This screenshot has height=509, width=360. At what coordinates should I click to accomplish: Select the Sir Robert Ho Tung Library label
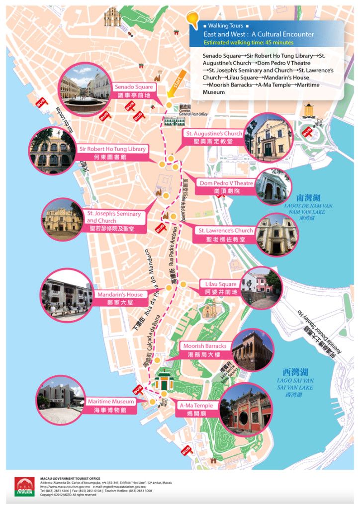tap(113, 153)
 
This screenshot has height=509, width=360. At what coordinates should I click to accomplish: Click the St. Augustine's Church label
tap(214, 137)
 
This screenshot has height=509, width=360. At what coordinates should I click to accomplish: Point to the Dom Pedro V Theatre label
tap(226, 186)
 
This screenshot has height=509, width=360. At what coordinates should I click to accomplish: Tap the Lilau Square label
tap(221, 288)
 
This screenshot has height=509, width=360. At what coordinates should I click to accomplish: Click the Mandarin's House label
tap(120, 298)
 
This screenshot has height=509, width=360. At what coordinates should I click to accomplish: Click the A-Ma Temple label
tap(196, 409)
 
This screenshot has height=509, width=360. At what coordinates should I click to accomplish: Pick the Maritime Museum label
tap(110, 405)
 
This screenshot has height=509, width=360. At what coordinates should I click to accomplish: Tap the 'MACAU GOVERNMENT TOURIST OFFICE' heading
tap(70, 478)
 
